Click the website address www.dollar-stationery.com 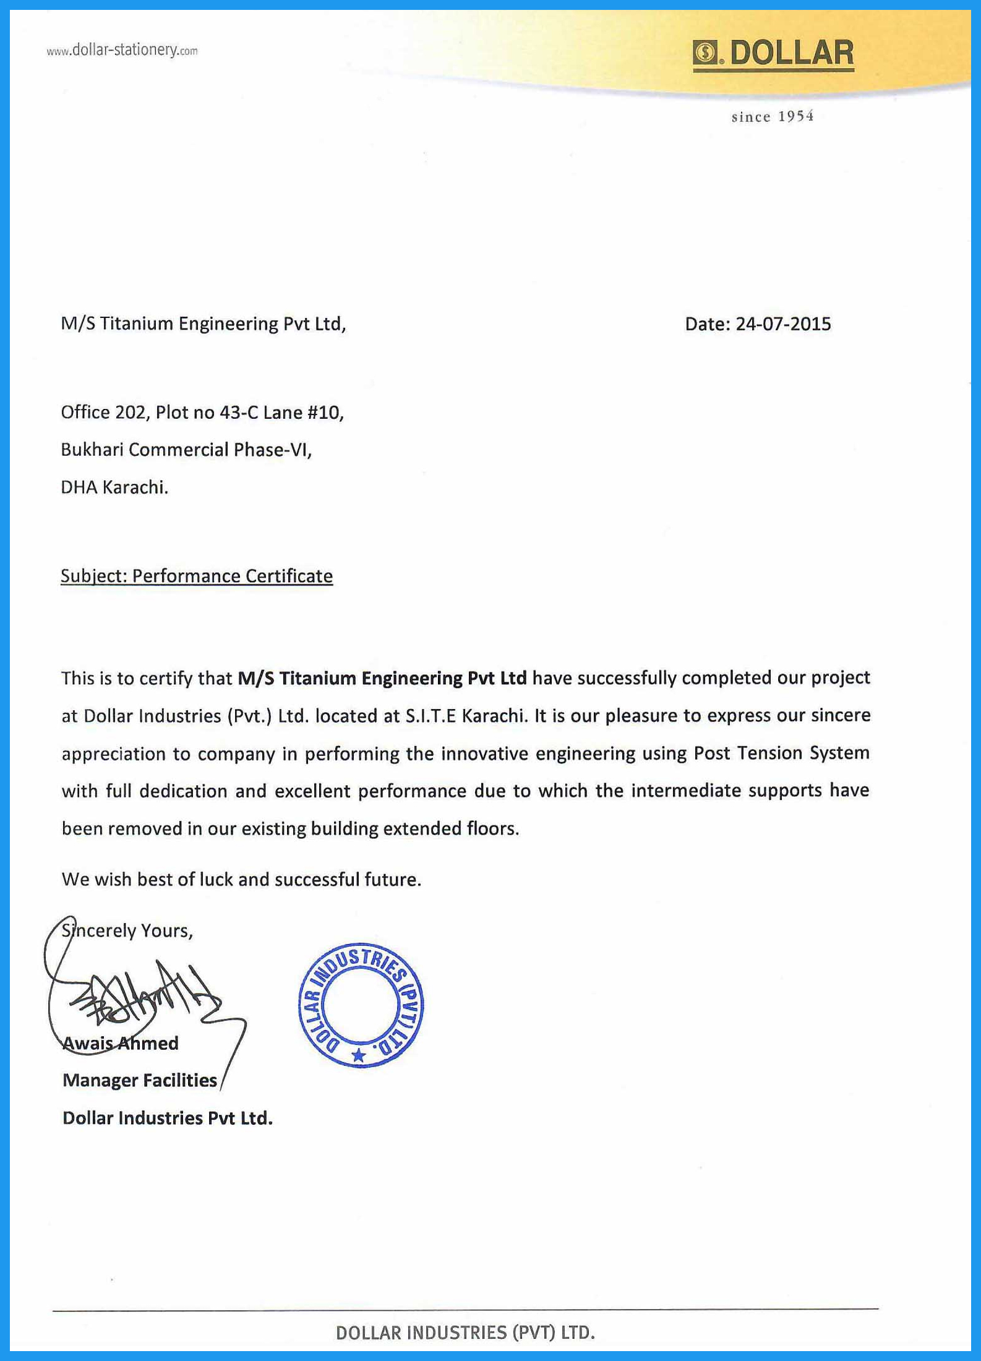[x=122, y=50]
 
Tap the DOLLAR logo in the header [x=773, y=53]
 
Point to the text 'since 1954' [x=772, y=116]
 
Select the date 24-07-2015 [x=782, y=324]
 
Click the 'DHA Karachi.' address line [x=114, y=487]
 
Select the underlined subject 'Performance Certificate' [x=232, y=576]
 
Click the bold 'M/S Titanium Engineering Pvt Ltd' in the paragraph [x=382, y=678]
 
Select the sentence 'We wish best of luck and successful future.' [x=241, y=879]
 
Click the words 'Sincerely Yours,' [x=127, y=930]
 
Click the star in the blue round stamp [x=358, y=1055]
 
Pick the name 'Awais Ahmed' [x=121, y=1044]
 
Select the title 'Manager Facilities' [x=140, y=1080]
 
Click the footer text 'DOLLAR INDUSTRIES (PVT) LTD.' [x=465, y=1333]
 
